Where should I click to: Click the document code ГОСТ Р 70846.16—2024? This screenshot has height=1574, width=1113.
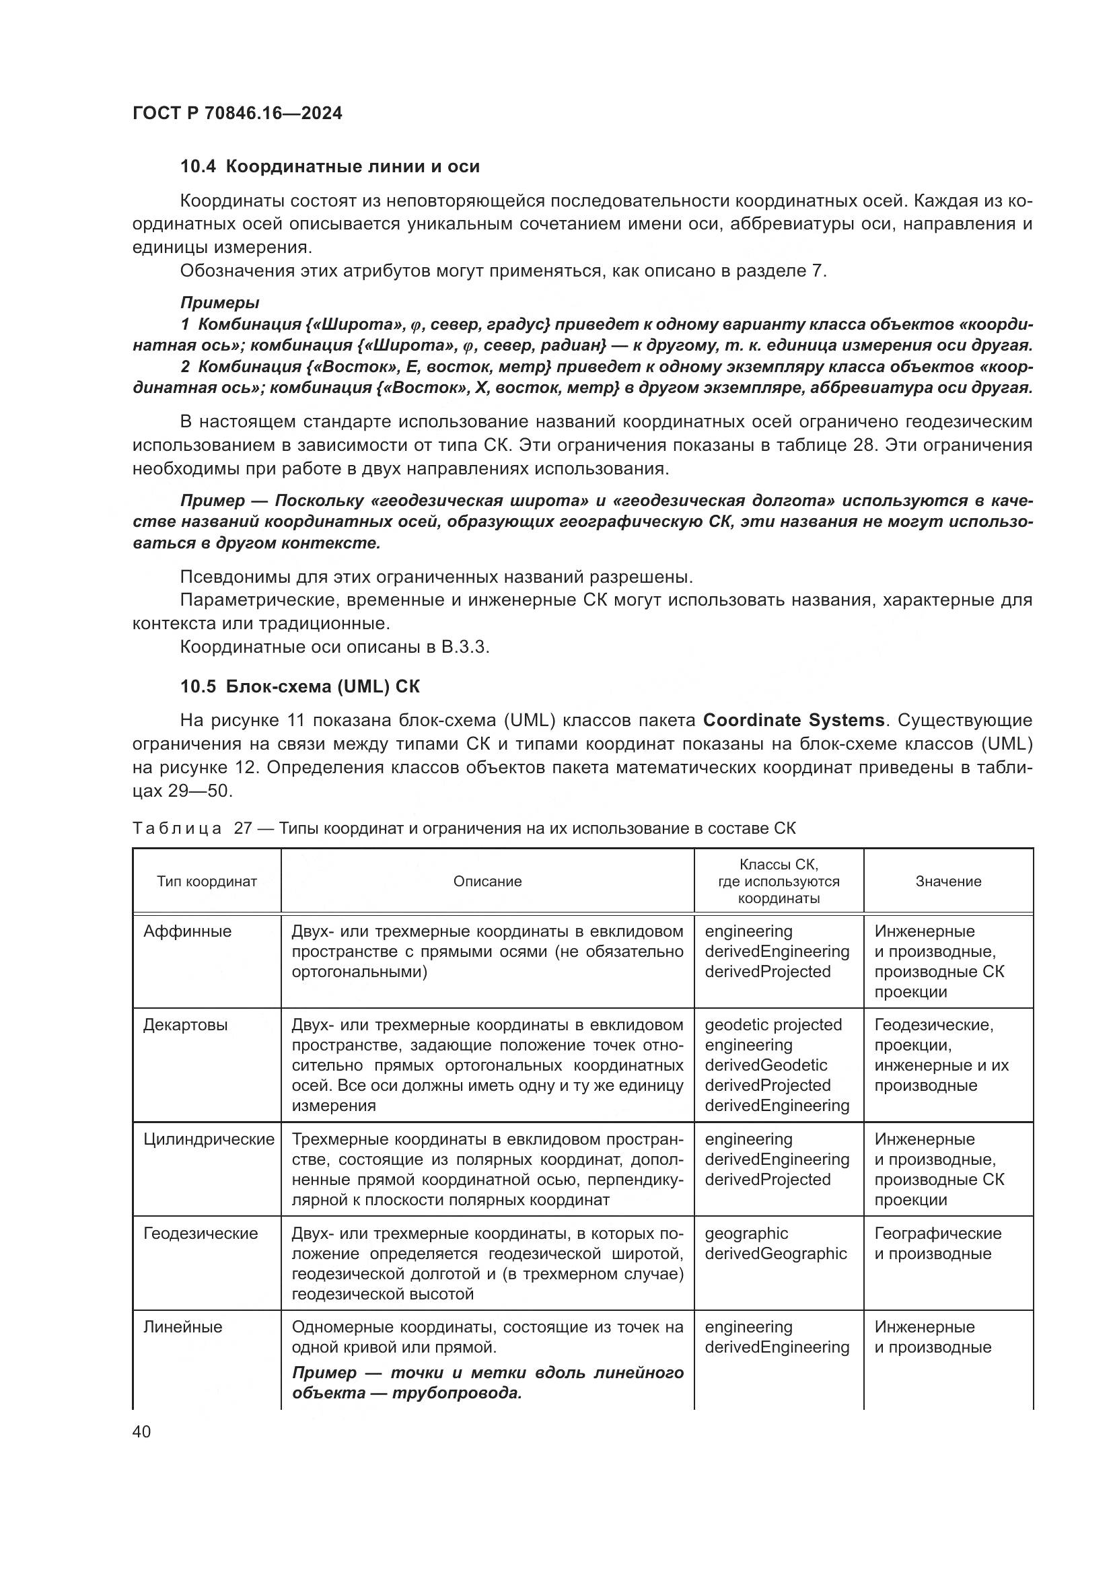237,113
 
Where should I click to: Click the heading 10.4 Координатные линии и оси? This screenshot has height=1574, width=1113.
330,166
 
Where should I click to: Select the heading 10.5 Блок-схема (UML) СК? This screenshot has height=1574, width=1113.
300,686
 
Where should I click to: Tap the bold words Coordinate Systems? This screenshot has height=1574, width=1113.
793,721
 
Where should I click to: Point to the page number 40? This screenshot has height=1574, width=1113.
141,1431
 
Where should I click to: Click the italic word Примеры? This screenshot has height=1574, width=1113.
219,302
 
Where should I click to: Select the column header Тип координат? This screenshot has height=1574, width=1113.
207,882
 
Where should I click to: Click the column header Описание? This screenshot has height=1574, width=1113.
487,882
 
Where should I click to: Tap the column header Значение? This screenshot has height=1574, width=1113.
948,882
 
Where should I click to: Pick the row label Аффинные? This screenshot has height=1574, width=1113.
187,931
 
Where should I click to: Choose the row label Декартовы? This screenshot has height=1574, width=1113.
185,1025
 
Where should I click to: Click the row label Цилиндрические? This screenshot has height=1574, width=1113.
209,1139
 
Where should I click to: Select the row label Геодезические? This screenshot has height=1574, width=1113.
200,1233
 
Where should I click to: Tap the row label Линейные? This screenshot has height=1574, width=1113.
182,1327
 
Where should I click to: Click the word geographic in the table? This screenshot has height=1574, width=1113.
746,1233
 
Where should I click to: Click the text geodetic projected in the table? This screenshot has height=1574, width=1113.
773,1025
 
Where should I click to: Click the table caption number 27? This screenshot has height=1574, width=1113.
244,828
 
